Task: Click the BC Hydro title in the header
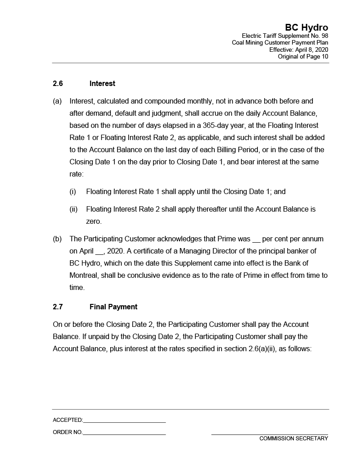[x=306, y=28]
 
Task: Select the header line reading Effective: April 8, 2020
[x=299, y=50]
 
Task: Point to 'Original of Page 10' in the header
[x=303, y=56]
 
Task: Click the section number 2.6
[x=58, y=84]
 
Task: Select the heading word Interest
[x=102, y=84]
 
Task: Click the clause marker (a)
[x=57, y=101]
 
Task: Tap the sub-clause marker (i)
[x=73, y=192]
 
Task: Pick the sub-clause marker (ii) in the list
[x=73, y=209]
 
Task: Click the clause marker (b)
[x=57, y=239]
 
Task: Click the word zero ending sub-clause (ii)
[x=94, y=222]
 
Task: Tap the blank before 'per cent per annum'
[x=256, y=240]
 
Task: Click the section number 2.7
[x=58, y=307]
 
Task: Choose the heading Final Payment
[x=113, y=307]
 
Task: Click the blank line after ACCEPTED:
[x=124, y=421]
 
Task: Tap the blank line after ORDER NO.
[x=124, y=433]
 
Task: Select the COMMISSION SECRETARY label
[x=293, y=439]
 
